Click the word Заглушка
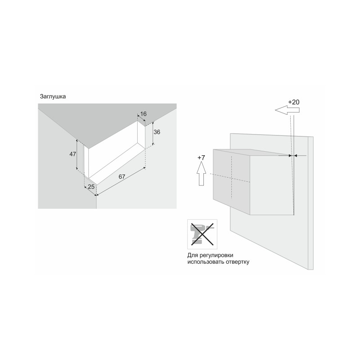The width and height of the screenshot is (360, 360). click(53, 96)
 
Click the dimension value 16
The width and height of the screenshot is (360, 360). click(143, 114)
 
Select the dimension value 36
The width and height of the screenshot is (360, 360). click(157, 132)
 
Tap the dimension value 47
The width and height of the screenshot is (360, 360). click(73, 154)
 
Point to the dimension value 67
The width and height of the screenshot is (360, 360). click(122, 176)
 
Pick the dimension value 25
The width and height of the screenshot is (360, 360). click(91, 187)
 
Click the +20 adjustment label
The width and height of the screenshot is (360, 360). click(294, 102)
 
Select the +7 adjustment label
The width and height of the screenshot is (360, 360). click(201, 158)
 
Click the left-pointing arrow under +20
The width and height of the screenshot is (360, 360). click(287, 110)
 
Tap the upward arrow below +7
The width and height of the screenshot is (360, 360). click(201, 173)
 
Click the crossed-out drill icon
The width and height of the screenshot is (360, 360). click(202, 234)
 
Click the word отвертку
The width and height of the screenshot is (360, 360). click(238, 262)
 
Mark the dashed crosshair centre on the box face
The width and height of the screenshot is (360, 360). click(232, 178)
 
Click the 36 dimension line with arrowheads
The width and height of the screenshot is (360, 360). click(153, 133)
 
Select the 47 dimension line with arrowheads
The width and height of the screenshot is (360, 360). click(76, 155)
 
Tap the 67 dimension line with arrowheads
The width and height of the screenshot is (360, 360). click(121, 181)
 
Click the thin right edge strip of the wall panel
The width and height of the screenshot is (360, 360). click(310, 203)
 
